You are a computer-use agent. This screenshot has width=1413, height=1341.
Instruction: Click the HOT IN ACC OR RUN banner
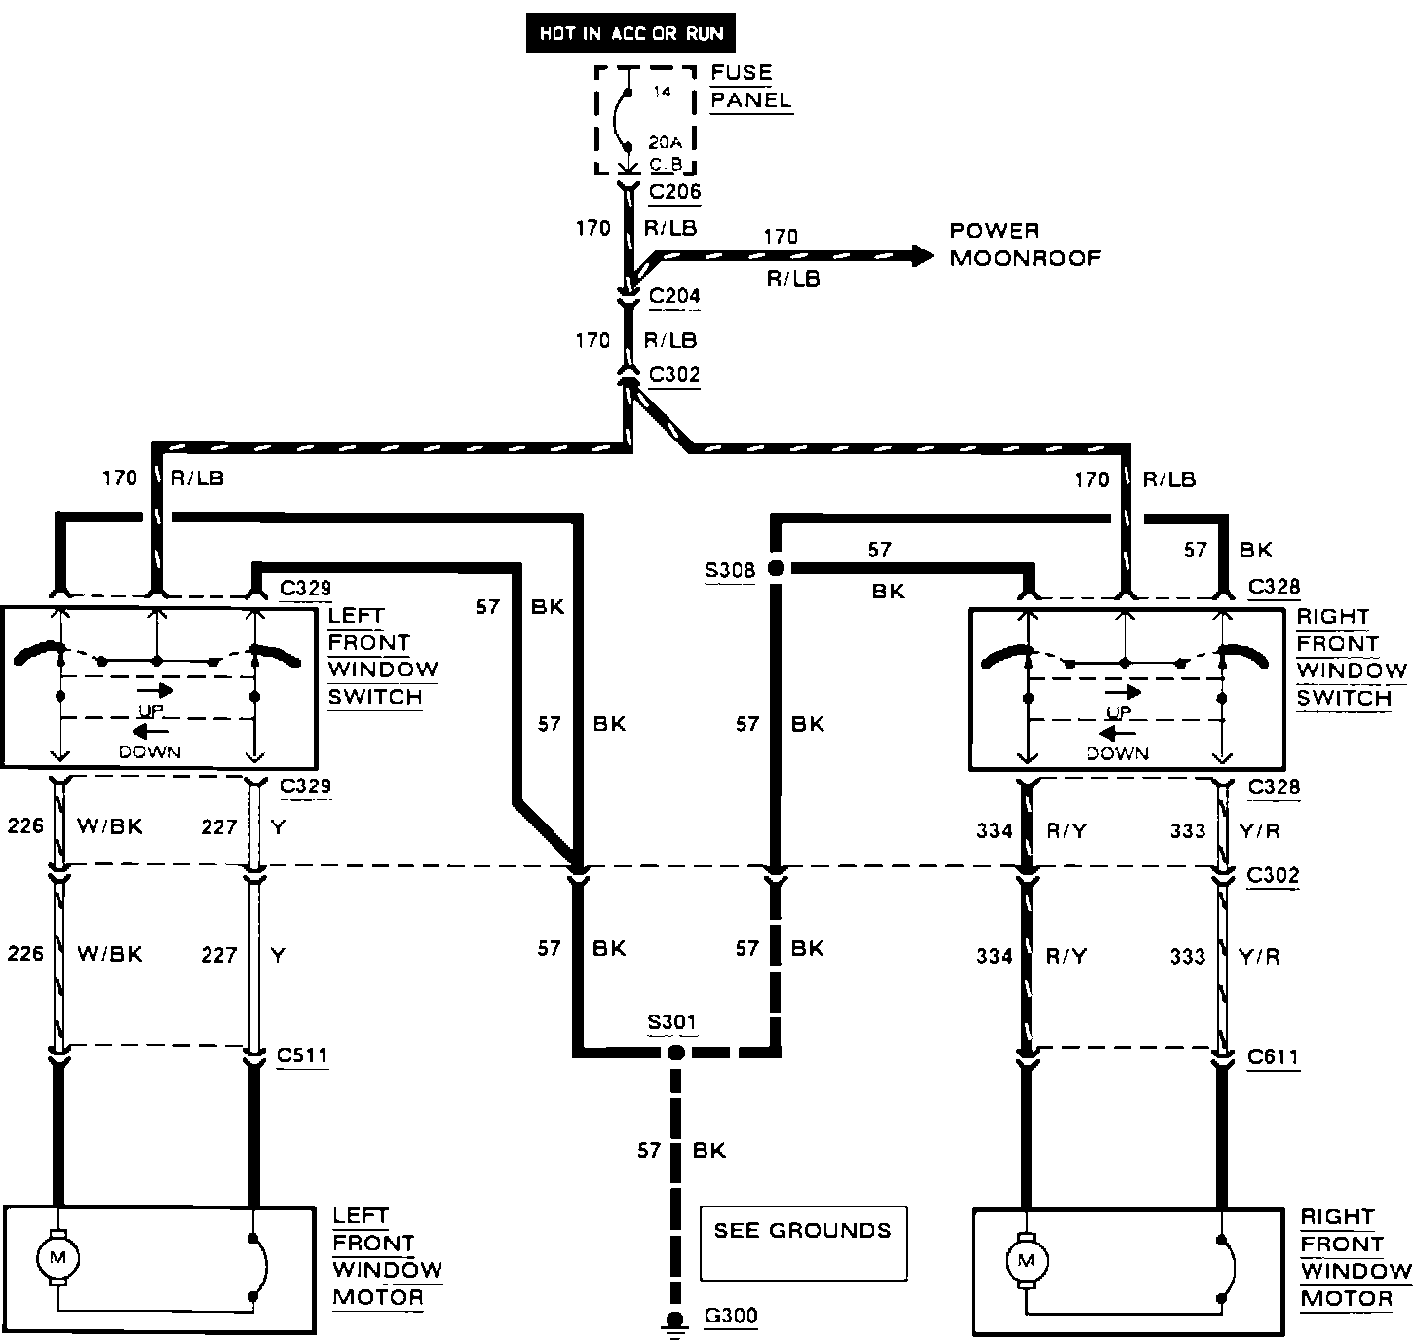[630, 34]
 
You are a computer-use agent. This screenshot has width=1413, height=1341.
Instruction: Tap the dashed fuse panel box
[645, 120]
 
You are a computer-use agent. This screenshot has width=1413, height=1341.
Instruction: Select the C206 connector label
[674, 192]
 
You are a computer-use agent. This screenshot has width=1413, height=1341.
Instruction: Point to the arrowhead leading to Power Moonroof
[920, 256]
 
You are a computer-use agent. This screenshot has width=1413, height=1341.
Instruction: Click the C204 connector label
[674, 296]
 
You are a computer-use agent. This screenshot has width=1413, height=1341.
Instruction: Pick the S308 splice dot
[776, 569]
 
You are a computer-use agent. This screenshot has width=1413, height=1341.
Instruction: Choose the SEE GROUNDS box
[803, 1243]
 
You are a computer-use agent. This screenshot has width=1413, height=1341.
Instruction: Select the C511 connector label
[302, 1055]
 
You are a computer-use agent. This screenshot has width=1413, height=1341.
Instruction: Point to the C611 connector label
[1273, 1056]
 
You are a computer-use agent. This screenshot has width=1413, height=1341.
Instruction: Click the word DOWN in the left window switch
[150, 751]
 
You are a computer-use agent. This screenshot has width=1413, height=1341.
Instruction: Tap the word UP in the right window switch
[1119, 712]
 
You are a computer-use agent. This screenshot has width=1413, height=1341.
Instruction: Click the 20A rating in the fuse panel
[666, 142]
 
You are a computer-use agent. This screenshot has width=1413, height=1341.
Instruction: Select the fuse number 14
[662, 92]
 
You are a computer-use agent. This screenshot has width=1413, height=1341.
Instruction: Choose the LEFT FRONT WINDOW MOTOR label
[386, 1257]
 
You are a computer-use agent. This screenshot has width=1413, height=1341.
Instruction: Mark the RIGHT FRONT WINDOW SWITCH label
[1352, 658]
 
